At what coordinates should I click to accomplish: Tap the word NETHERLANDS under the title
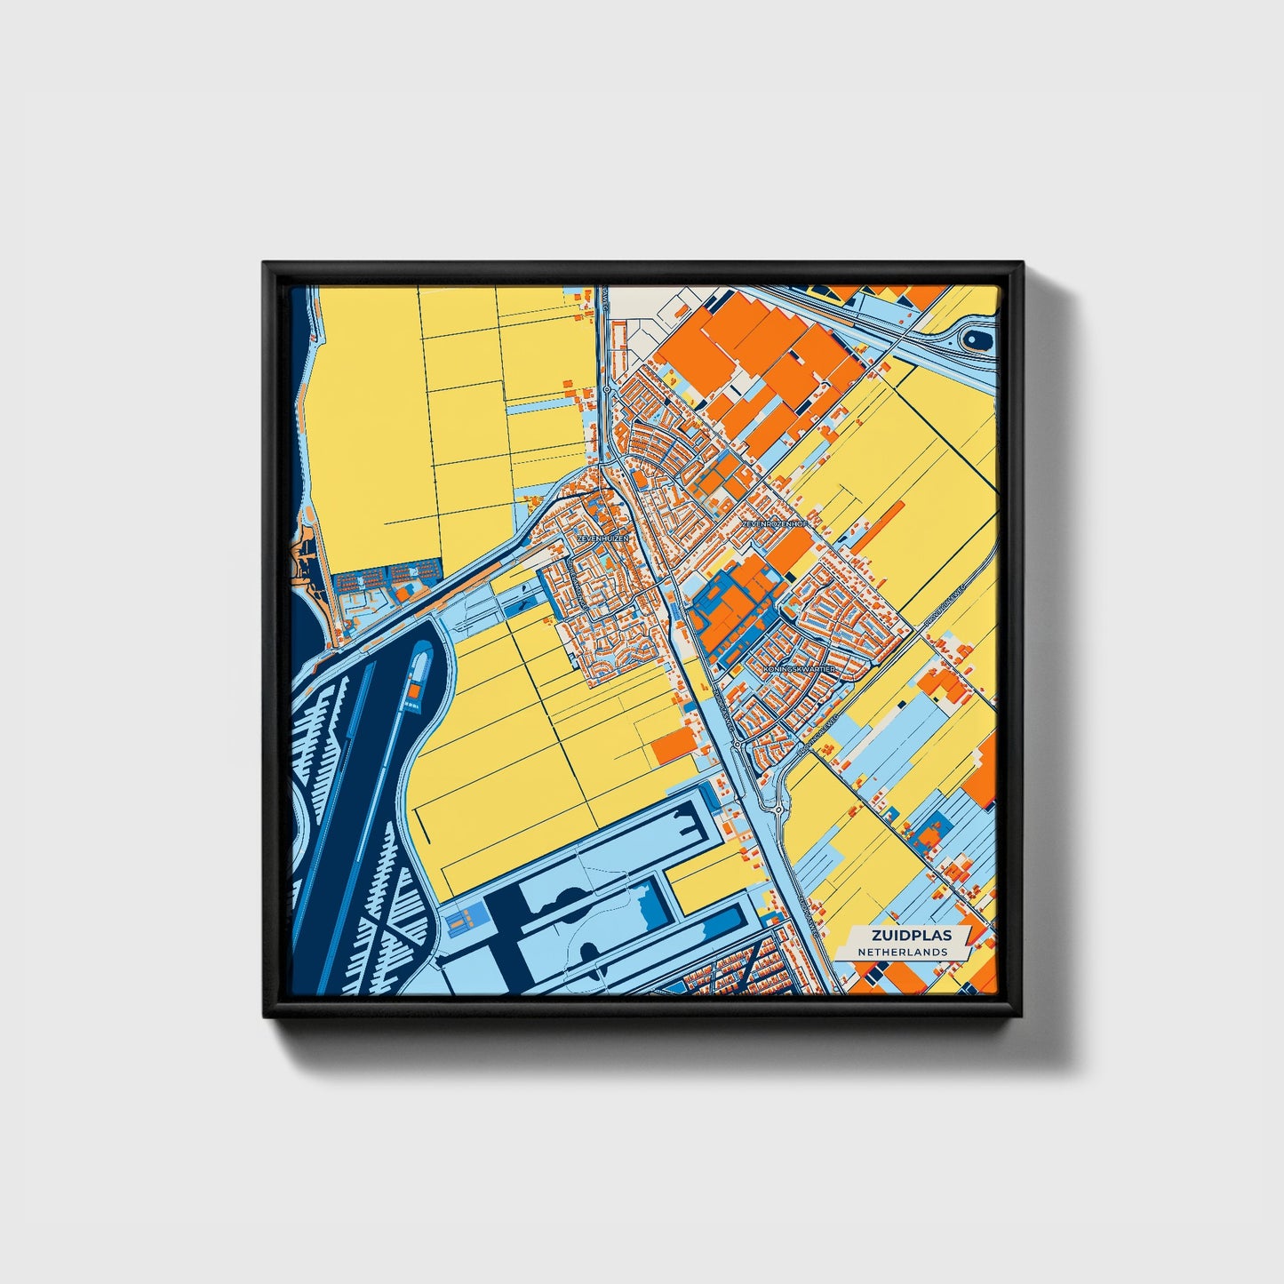pyautogui.click(x=902, y=952)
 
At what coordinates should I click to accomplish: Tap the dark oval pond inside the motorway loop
pyautogui.click(x=975, y=338)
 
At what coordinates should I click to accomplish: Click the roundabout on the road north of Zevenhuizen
pyautogui.click(x=605, y=389)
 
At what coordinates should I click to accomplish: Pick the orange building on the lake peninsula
pyautogui.click(x=414, y=689)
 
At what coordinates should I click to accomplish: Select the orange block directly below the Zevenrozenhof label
pyautogui.click(x=789, y=552)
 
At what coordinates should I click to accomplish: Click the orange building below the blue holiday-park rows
pyautogui.click(x=404, y=590)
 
